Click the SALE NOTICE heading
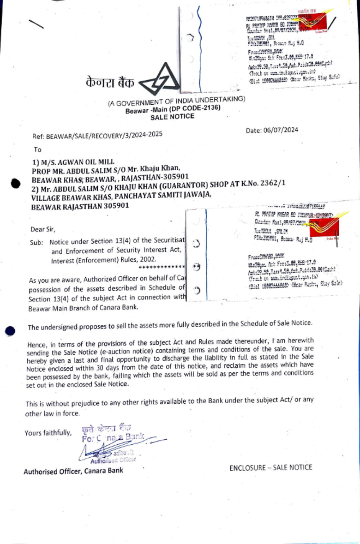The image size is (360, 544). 172,117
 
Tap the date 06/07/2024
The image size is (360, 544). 281,130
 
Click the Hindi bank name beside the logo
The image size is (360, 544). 110,83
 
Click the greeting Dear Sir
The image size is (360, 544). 43,229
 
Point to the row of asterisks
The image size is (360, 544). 162,267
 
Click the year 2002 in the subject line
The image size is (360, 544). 148,259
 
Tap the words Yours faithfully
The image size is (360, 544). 48,432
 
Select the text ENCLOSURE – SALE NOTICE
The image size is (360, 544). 271,467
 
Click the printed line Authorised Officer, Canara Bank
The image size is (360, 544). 73,471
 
